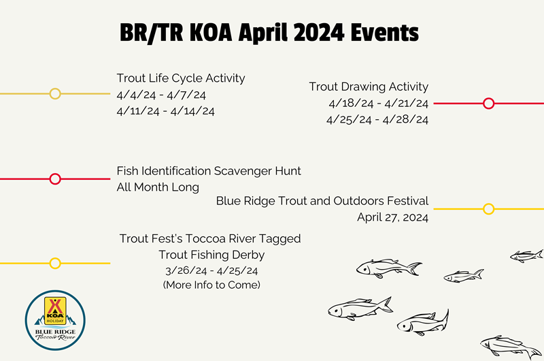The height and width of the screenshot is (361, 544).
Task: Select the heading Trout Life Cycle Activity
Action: (181, 78)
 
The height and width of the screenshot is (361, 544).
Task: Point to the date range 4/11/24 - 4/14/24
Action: (165, 111)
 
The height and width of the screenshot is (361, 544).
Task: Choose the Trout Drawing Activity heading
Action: (369, 87)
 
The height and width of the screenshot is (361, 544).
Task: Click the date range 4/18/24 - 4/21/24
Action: (378, 104)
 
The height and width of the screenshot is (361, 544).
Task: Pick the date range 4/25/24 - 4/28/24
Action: (377, 120)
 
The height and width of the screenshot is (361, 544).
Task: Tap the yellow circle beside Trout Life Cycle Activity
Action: (55, 93)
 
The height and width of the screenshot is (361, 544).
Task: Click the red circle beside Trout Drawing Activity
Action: (488, 104)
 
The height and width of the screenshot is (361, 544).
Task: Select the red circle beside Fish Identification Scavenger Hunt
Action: (55, 179)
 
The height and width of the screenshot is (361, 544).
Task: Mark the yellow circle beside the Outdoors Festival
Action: (488, 208)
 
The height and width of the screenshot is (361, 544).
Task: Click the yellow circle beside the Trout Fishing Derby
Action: (55, 263)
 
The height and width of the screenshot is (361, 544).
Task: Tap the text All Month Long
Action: (158, 187)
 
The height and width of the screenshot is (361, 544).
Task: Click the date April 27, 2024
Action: (392, 218)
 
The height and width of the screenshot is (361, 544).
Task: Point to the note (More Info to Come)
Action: (211, 285)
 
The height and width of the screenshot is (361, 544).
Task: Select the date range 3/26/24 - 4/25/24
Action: (211, 270)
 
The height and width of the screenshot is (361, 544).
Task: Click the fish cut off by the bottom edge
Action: (510, 347)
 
